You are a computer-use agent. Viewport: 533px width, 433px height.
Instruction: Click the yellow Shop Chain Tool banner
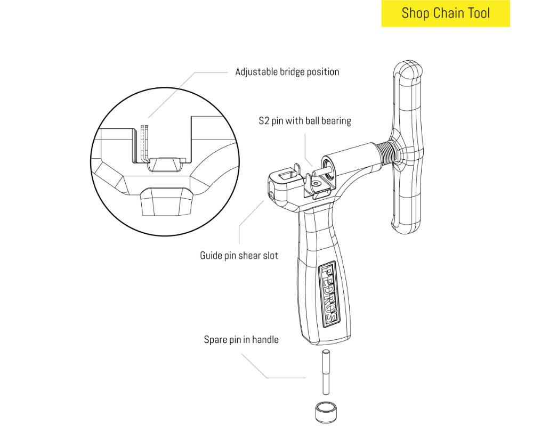click(x=446, y=13)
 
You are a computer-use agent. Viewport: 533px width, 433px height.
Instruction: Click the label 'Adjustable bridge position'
click(x=287, y=71)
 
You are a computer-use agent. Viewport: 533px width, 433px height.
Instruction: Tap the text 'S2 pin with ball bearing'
click(x=304, y=121)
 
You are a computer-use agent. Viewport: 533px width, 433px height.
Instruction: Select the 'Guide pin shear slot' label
click(x=239, y=256)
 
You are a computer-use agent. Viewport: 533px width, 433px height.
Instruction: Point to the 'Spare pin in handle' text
click(x=241, y=339)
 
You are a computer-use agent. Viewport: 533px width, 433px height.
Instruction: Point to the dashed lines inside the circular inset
click(x=143, y=141)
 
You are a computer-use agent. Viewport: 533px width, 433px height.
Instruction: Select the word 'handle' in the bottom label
click(x=265, y=339)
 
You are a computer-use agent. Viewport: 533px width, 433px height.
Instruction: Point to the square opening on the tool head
click(x=287, y=175)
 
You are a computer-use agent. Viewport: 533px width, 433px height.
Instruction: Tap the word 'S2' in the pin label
click(x=264, y=121)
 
